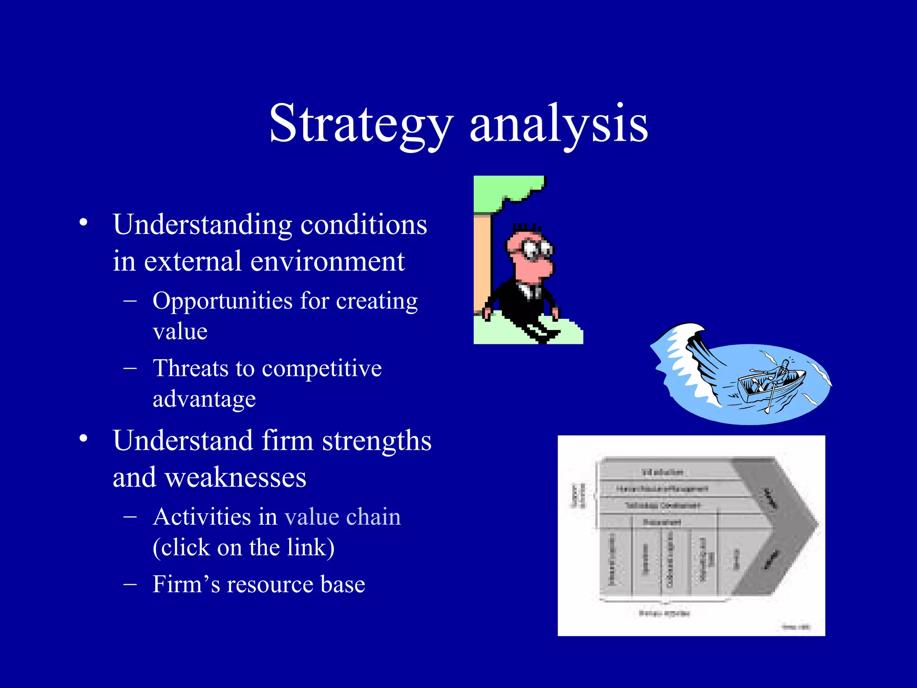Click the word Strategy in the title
(x=361, y=124)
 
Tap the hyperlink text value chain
(x=343, y=517)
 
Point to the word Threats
(x=190, y=368)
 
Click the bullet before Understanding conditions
(x=83, y=223)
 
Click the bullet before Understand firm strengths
(x=83, y=439)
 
